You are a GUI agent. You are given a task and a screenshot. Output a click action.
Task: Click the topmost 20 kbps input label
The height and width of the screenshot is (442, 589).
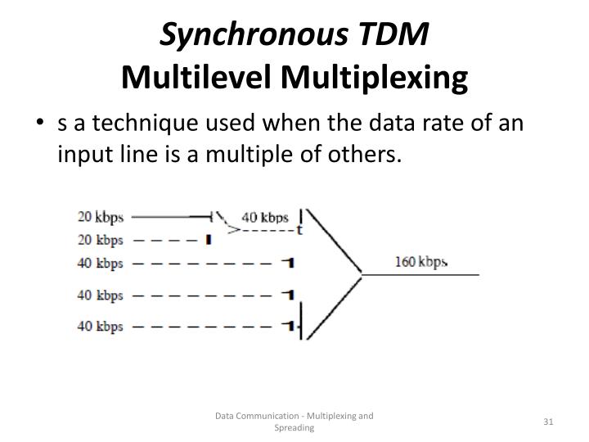[x=101, y=218]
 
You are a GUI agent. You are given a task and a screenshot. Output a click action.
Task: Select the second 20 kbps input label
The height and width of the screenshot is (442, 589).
[x=101, y=240]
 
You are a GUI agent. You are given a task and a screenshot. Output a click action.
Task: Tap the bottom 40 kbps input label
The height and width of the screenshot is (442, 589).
[x=101, y=326]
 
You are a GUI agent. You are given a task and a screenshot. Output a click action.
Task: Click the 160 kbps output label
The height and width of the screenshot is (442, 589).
[x=421, y=262]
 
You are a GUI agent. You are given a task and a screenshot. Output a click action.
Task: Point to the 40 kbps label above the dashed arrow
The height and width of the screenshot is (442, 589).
[x=265, y=218]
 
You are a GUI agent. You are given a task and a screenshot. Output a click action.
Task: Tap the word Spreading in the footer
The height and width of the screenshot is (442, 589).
[x=294, y=428]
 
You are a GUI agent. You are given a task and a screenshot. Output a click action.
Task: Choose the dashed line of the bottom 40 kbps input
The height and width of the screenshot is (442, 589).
[x=200, y=326]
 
